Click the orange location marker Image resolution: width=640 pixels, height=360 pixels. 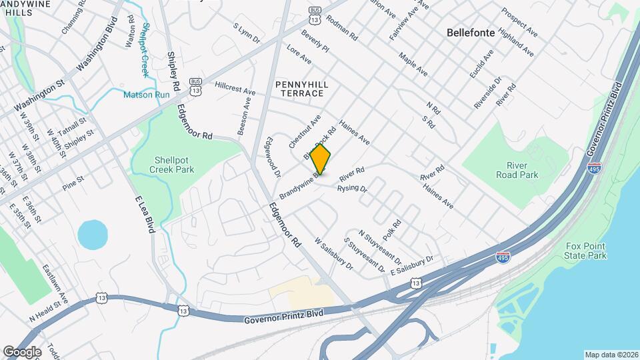[321, 159]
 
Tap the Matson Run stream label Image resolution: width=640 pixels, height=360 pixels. [146, 95]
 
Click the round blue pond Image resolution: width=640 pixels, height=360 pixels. [93, 235]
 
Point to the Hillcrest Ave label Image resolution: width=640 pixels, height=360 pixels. [235, 88]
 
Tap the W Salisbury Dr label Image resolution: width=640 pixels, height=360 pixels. [333, 254]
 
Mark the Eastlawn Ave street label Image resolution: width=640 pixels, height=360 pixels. [55, 282]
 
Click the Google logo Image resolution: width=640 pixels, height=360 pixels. [22, 351]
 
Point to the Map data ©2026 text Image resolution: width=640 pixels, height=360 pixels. [611, 355]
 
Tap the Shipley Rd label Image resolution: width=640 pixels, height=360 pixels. [173, 71]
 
